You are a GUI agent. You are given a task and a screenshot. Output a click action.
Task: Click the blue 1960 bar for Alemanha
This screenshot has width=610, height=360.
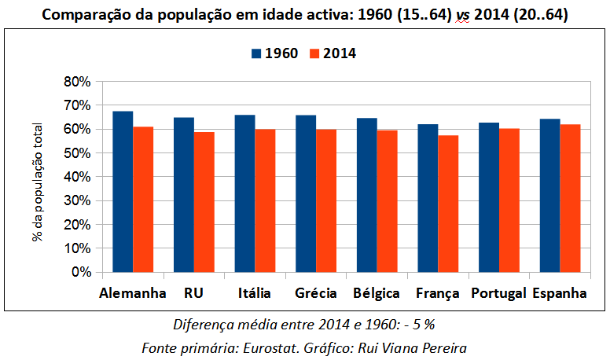(123, 192)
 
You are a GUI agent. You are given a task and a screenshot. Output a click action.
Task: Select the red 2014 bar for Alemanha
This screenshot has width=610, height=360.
(143, 200)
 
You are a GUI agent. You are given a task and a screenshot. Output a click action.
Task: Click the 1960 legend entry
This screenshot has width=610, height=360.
(274, 53)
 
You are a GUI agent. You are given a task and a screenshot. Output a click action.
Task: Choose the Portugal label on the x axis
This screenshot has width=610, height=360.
(498, 293)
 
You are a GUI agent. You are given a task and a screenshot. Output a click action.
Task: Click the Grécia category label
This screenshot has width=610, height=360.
(316, 293)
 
